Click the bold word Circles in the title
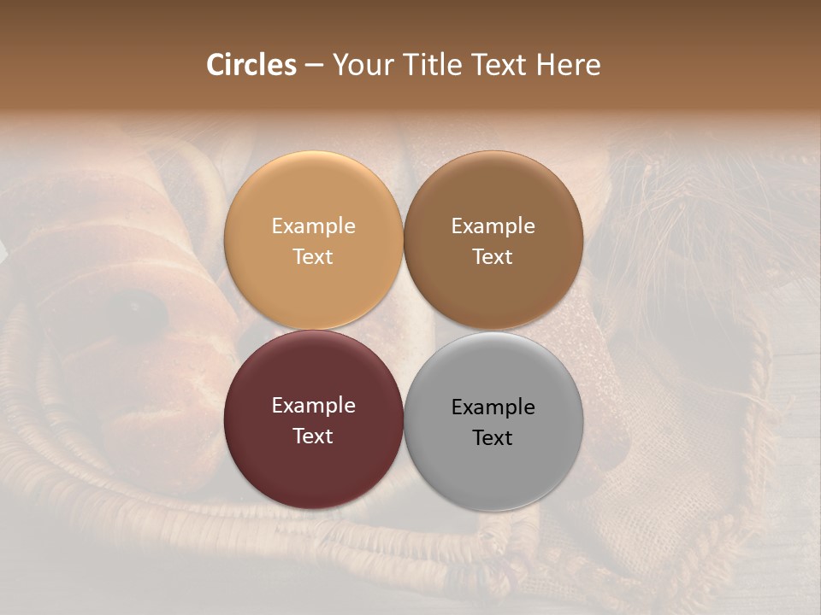(251, 65)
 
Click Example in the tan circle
(313, 226)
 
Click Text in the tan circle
(313, 257)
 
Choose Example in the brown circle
(493, 226)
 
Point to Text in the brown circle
(493, 257)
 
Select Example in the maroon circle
(313, 406)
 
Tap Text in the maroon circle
(313, 436)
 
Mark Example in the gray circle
(493, 407)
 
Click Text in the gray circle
(493, 438)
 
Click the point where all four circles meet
(404, 331)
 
